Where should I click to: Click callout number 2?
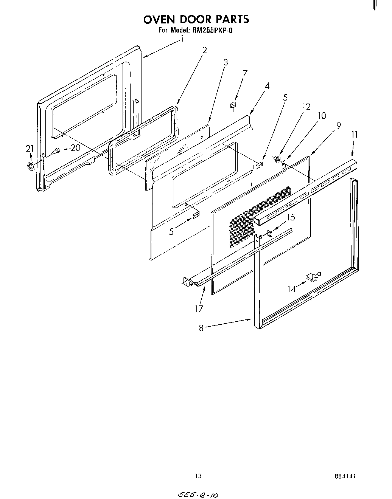(204, 50)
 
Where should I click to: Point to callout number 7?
(245, 73)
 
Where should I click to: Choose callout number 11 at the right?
(354, 135)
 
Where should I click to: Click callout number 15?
(291, 217)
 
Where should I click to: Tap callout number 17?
(199, 308)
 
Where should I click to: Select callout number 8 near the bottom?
(201, 328)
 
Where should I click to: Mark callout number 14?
(291, 289)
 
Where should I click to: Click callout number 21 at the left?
(30, 149)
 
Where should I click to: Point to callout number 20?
(76, 148)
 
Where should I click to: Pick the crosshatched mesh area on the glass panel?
(257, 215)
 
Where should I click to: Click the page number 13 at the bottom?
(198, 476)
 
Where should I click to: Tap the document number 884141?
(345, 476)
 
